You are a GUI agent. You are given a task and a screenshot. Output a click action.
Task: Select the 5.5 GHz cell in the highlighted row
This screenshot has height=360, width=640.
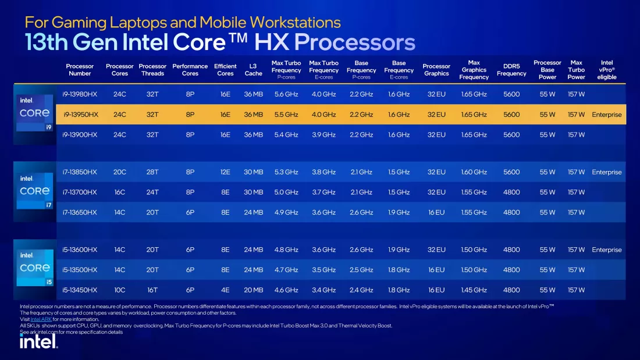pyautogui.click(x=286, y=115)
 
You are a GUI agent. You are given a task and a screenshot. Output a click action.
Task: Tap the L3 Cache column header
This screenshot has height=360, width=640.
pyautogui.click(x=253, y=70)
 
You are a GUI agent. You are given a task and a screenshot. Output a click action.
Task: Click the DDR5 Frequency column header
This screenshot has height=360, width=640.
pyautogui.click(x=511, y=70)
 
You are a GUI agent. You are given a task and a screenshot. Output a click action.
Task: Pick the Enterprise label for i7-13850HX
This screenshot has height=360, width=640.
pyautogui.click(x=606, y=172)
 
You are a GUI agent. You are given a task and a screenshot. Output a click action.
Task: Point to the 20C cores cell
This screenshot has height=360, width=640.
pyautogui.click(x=119, y=172)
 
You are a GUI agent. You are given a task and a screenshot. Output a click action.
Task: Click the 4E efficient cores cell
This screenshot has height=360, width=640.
pyautogui.click(x=225, y=290)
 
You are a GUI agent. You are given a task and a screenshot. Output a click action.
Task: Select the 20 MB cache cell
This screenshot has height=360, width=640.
pyautogui.click(x=253, y=290)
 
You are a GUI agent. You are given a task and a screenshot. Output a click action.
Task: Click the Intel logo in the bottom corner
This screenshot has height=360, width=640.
pyautogui.click(x=39, y=341)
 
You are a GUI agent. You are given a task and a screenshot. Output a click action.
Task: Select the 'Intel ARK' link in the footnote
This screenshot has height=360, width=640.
pyautogui.click(x=41, y=319)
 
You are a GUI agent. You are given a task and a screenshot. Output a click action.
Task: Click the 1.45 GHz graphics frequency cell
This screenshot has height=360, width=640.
pyautogui.click(x=474, y=290)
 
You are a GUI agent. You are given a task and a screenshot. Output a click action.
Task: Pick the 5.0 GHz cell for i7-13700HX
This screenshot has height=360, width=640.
pyautogui.click(x=286, y=192)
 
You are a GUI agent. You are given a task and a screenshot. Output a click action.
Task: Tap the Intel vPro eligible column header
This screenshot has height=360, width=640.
pyautogui.click(x=606, y=70)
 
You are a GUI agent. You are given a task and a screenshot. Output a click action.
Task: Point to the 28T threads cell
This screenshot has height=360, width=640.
pyautogui.click(x=152, y=172)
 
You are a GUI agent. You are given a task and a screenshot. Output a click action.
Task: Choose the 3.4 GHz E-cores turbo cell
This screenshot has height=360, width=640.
pyautogui.click(x=323, y=290)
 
